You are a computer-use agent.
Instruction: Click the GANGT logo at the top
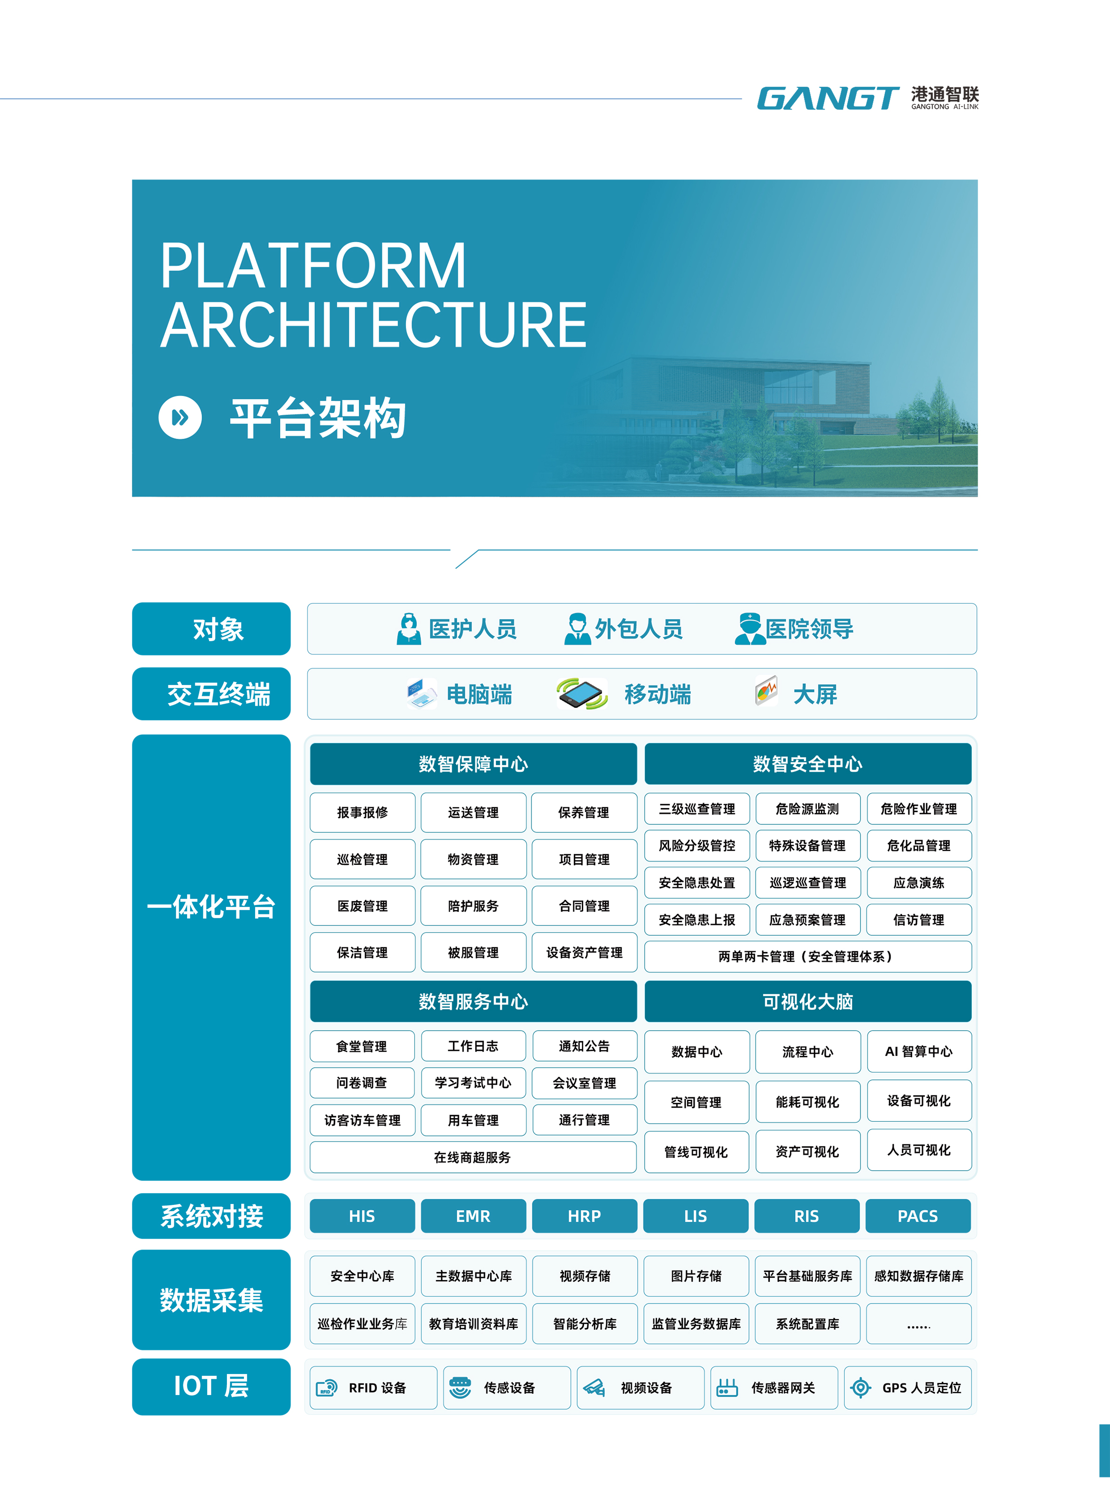point(828,99)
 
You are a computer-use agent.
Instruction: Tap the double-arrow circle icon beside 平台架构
point(180,418)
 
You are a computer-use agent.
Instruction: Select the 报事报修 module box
point(362,812)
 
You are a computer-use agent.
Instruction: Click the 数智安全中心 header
point(808,764)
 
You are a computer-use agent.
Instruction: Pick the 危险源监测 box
point(808,809)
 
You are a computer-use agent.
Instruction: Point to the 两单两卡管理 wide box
point(808,956)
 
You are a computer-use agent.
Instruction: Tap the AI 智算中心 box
point(919,1051)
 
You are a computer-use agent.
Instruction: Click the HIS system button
point(362,1216)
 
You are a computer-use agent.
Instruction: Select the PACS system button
point(918,1216)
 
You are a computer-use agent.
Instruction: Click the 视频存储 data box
point(585,1276)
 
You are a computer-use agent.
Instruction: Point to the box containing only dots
point(919,1324)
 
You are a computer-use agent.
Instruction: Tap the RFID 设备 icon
point(327,1388)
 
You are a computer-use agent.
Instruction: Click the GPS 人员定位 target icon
point(861,1388)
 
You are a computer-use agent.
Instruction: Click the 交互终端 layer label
point(211,694)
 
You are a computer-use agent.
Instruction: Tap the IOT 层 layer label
point(211,1386)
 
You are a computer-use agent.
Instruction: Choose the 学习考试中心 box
point(473,1083)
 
